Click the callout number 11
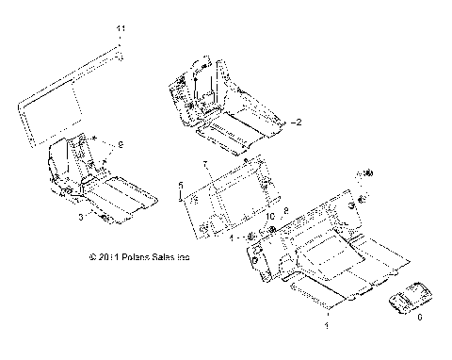120,32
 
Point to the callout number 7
202,165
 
